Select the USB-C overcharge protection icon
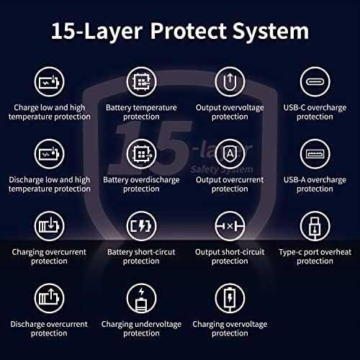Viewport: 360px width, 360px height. pyautogui.click(x=315, y=82)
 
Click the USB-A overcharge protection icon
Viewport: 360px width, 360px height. pyautogui.click(x=315, y=154)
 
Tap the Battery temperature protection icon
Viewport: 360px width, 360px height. pyautogui.click(x=141, y=82)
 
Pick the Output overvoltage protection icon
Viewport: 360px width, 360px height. pyautogui.click(x=230, y=82)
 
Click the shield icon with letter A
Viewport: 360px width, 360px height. pyautogui.click(x=230, y=154)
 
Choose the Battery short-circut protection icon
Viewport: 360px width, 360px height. pyautogui.click(x=141, y=226)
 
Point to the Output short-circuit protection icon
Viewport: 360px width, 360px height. pyautogui.click(x=230, y=226)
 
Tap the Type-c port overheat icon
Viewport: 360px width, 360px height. pyautogui.click(x=315, y=226)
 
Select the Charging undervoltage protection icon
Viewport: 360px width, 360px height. pyautogui.click(x=141, y=298)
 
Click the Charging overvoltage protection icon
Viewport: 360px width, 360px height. pyautogui.click(x=230, y=298)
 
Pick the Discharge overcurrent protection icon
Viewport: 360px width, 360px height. pyautogui.click(x=49, y=298)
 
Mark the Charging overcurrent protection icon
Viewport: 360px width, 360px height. pyautogui.click(x=49, y=226)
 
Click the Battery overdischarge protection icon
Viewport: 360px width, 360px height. pyautogui.click(x=141, y=154)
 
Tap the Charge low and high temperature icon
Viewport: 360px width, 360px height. pyautogui.click(x=49, y=82)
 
